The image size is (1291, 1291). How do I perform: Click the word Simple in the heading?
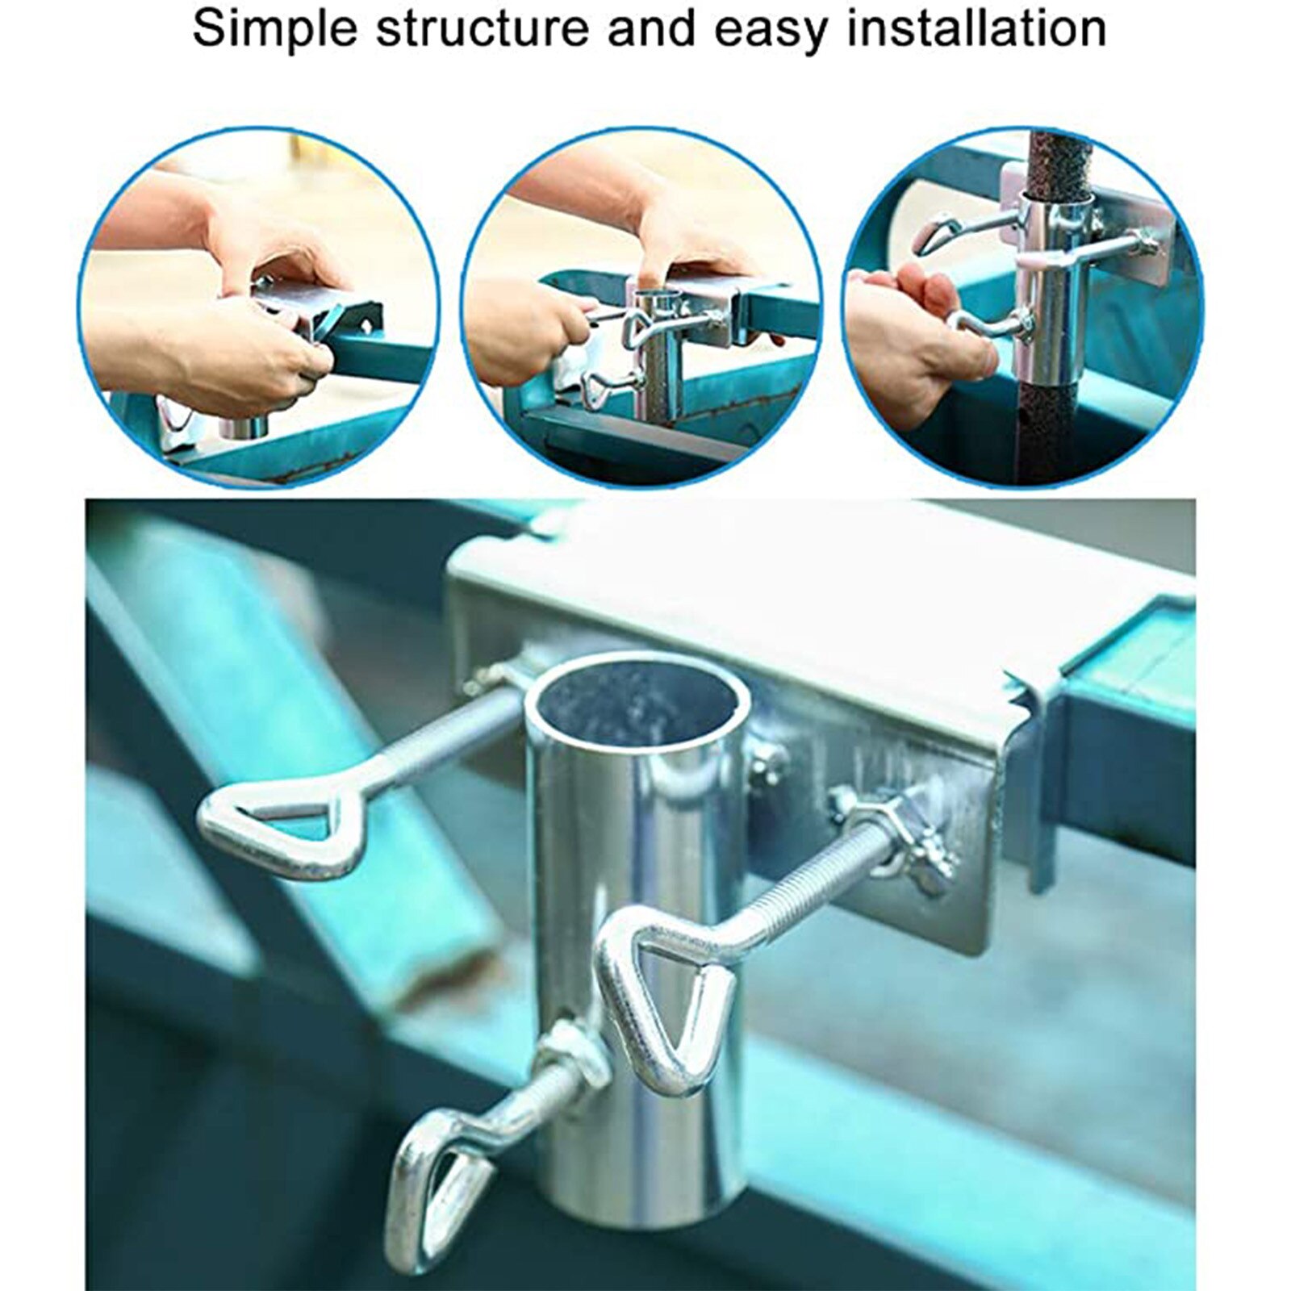click(x=274, y=28)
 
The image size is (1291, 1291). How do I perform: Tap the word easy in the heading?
click(x=771, y=28)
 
